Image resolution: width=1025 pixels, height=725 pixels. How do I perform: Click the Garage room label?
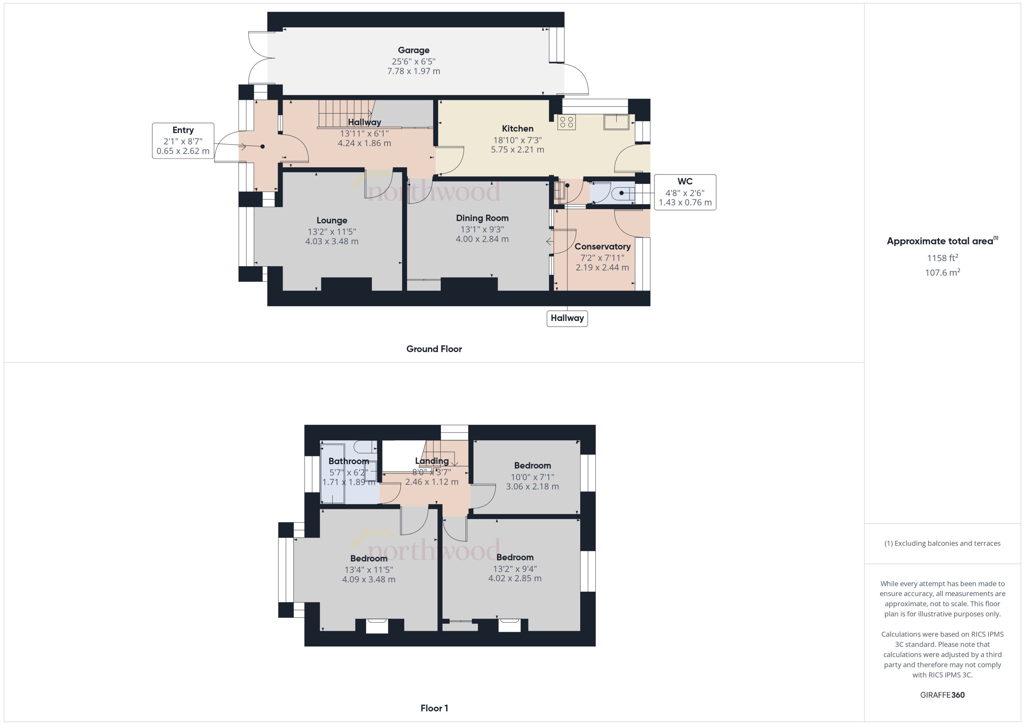pyautogui.click(x=414, y=50)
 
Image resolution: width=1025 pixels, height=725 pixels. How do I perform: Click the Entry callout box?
pyautogui.click(x=183, y=140)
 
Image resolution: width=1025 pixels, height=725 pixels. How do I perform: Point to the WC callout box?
pyautogui.click(x=685, y=192)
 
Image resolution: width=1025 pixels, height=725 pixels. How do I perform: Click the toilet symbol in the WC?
pyautogui.click(x=623, y=193)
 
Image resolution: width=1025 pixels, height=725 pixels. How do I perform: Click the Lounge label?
pyautogui.click(x=332, y=220)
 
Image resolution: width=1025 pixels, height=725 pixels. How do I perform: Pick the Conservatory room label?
pyautogui.click(x=602, y=246)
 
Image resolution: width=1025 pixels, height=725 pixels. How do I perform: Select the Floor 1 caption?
pyautogui.click(x=434, y=708)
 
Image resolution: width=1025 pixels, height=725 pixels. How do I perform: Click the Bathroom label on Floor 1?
pyautogui.click(x=349, y=461)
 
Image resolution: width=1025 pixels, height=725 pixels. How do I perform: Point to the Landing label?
pyautogui.click(x=432, y=461)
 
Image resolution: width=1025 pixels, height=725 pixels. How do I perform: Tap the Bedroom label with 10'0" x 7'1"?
pyautogui.click(x=532, y=466)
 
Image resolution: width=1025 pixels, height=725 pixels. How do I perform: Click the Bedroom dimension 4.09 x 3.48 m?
pyautogui.click(x=368, y=580)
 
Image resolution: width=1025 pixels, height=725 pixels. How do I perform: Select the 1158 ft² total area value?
pyautogui.click(x=942, y=258)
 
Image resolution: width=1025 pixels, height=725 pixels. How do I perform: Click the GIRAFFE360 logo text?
pyautogui.click(x=942, y=695)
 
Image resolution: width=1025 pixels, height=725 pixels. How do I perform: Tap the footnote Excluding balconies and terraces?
pyautogui.click(x=942, y=543)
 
